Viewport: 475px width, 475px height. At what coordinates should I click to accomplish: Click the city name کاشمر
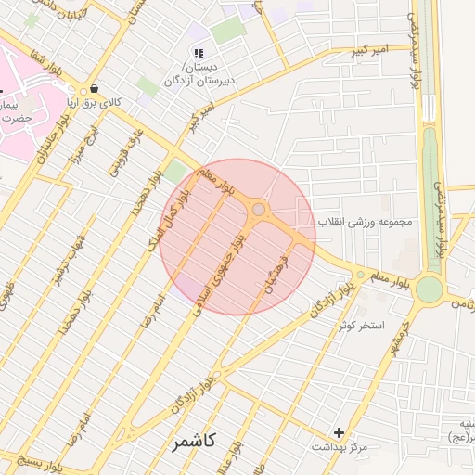point(193,442)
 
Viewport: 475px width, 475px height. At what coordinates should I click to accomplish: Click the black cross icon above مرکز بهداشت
point(340,432)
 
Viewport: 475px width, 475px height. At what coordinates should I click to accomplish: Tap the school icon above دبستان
point(197,52)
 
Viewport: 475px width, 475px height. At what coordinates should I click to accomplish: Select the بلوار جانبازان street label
point(48,148)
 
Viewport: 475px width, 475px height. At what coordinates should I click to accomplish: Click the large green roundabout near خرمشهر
point(429,289)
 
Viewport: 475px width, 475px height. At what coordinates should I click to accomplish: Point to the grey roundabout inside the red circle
point(259,211)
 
